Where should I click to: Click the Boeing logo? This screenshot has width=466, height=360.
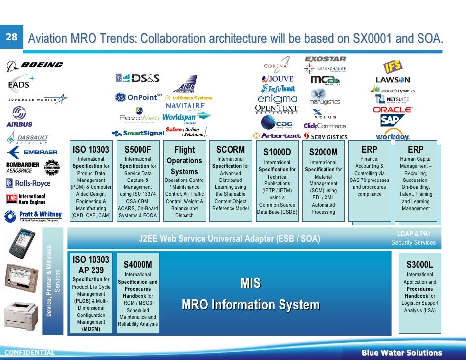pyautogui.click(x=36, y=65)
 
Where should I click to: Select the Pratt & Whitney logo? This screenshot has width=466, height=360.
pyautogui.click(x=34, y=216)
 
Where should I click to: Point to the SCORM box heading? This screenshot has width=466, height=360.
pyautogui.click(x=231, y=149)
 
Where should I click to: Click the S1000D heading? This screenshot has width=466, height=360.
pyautogui.click(x=277, y=152)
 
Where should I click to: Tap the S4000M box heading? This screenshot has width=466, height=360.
pyautogui.click(x=138, y=265)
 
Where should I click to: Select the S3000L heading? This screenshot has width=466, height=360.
pyautogui.click(x=419, y=265)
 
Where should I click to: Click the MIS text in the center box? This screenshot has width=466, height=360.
pyautogui.click(x=250, y=283)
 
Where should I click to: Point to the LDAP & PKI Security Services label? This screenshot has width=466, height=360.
pyautogui.click(x=413, y=238)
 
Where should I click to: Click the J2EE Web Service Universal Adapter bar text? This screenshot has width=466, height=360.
pyautogui.click(x=230, y=239)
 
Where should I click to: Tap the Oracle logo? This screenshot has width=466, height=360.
pyautogui.click(x=392, y=109)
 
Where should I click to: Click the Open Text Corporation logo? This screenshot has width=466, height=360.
pyautogui.click(x=276, y=109)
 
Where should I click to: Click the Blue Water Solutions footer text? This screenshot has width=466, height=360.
pyautogui.click(x=401, y=353)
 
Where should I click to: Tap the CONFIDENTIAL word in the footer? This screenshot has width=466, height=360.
pyautogui.click(x=29, y=353)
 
